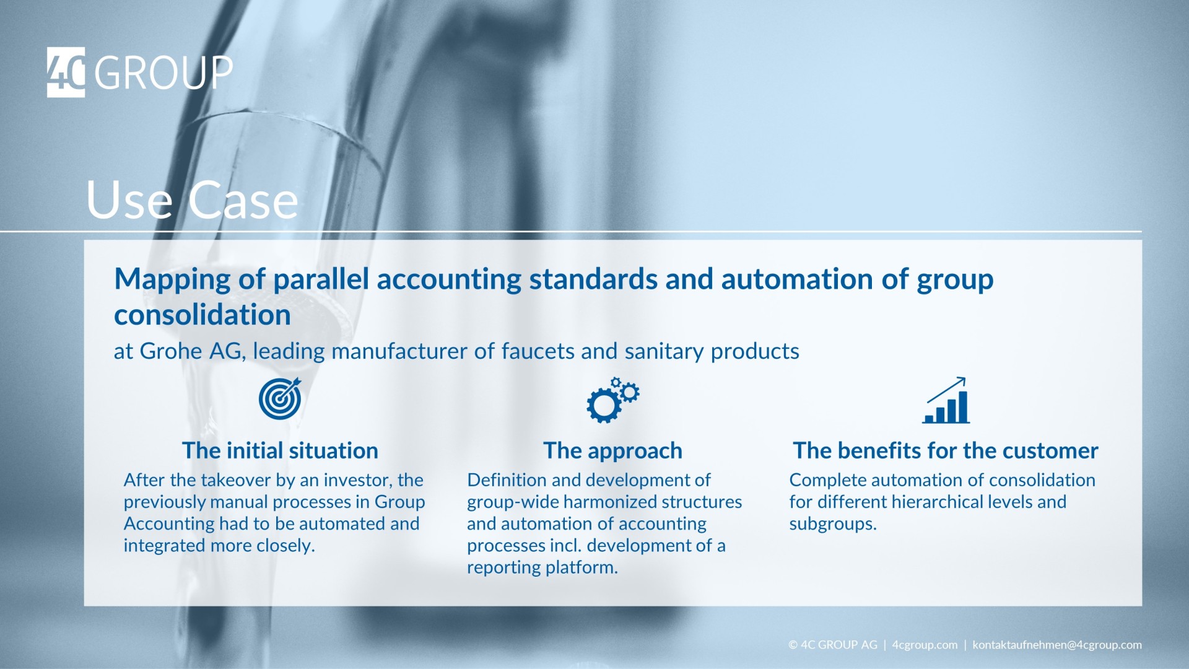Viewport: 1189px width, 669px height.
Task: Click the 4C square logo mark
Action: coord(66,72)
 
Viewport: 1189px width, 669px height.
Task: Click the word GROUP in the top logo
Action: coord(163,73)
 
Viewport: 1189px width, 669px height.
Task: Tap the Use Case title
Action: coord(192,200)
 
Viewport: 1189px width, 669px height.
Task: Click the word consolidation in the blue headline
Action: coord(203,315)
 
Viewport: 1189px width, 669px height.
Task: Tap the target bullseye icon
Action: coord(280,399)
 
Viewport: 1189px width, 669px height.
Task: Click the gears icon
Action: coord(612,400)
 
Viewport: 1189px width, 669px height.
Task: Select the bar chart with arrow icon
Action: coord(946,401)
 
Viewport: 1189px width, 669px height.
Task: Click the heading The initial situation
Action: coord(280,450)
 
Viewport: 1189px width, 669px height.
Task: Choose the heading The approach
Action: coord(612,450)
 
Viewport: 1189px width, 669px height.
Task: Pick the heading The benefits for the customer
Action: coord(945,450)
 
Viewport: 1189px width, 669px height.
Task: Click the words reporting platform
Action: coord(542,567)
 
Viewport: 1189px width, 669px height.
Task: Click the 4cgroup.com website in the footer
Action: coord(924,645)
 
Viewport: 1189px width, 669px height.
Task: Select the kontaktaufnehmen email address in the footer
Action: coord(1056,645)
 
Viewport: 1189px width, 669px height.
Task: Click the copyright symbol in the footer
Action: coord(793,645)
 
